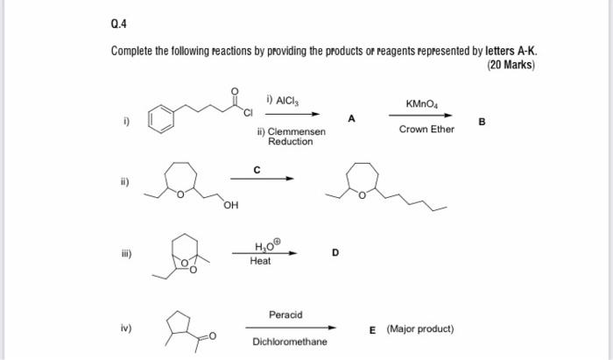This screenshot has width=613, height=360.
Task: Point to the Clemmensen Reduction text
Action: [x=291, y=137]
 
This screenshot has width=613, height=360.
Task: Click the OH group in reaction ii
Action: [x=230, y=207]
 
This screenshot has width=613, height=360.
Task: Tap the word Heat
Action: [x=260, y=261]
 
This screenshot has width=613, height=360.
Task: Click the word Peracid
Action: [x=285, y=314]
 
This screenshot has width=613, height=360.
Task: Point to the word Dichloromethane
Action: [x=290, y=342]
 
